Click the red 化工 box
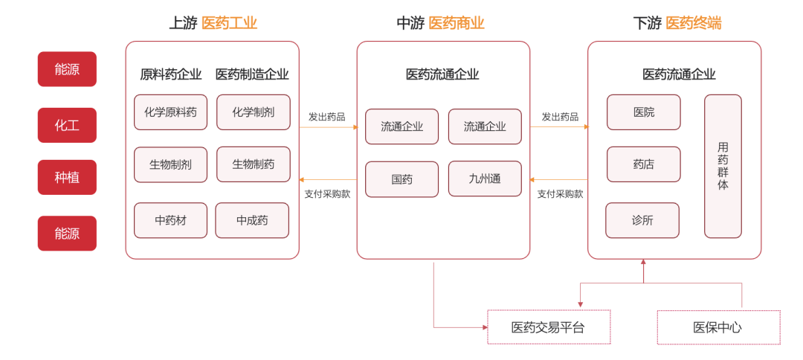(x=67, y=125)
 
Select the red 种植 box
(x=67, y=178)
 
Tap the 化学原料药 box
(x=170, y=112)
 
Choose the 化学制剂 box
(x=253, y=112)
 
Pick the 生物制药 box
(x=253, y=164)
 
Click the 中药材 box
(x=170, y=220)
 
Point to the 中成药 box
(x=252, y=220)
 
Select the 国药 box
(x=401, y=179)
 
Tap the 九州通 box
(x=485, y=179)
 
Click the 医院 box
(x=643, y=112)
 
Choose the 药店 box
(x=643, y=164)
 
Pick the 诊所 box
(x=642, y=220)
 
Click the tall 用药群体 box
(x=723, y=166)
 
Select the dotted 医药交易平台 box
(x=549, y=327)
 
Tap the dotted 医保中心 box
(x=718, y=327)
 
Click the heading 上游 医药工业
(x=213, y=23)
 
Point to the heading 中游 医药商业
(x=440, y=23)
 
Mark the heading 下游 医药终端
(x=677, y=23)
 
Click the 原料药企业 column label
(x=170, y=74)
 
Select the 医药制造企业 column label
(x=252, y=74)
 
